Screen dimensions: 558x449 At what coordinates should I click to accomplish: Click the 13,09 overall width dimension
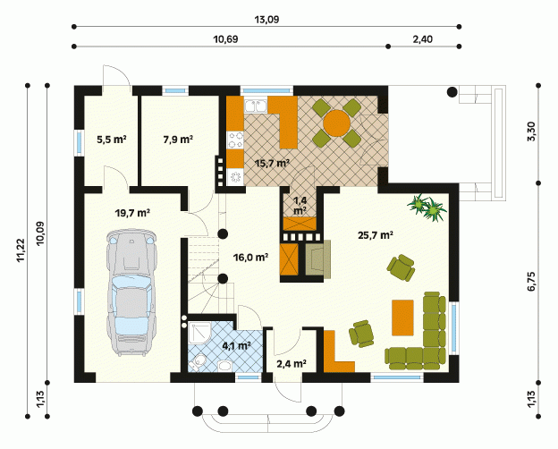pyautogui.click(x=266, y=20)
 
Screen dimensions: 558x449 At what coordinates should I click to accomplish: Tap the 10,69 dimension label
pyautogui.click(x=225, y=39)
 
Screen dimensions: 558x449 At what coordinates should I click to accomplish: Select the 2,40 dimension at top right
pyautogui.click(x=423, y=39)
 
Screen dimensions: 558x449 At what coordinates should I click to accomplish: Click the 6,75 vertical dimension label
pyautogui.click(x=531, y=282)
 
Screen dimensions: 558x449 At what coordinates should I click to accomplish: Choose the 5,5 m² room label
pyautogui.click(x=112, y=140)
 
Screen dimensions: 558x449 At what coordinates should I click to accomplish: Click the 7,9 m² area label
pyautogui.click(x=178, y=140)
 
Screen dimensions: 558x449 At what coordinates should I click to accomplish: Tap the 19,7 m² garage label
pyautogui.click(x=132, y=213)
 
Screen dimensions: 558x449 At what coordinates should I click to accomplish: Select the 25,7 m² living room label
pyautogui.click(x=376, y=235)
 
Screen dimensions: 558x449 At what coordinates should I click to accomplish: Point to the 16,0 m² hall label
pyautogui.click(x=251, y=257)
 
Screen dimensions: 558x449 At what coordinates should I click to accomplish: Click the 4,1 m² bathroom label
pyautogui.click(x=237, y=345)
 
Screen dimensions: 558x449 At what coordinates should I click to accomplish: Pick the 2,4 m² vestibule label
pyautogui.click(x=292, y=363)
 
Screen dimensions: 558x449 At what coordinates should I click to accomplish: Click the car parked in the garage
pyautogui.click(x=131, y=292)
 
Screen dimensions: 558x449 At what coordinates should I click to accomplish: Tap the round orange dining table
pyautogui.click(x=336, y=123)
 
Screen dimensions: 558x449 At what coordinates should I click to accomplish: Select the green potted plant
pyautogui.click(x=427, y=208)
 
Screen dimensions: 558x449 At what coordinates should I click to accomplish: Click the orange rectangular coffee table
pyautogui.click(x=402, y=318)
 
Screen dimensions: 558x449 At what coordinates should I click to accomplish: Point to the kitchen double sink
pyautogui.click(x=256, y=106)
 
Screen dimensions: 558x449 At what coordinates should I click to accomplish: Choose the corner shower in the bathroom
pyautogui.click(x=199, y=333)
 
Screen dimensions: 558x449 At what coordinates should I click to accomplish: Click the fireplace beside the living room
pyautogui.click(x=317, y=259)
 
